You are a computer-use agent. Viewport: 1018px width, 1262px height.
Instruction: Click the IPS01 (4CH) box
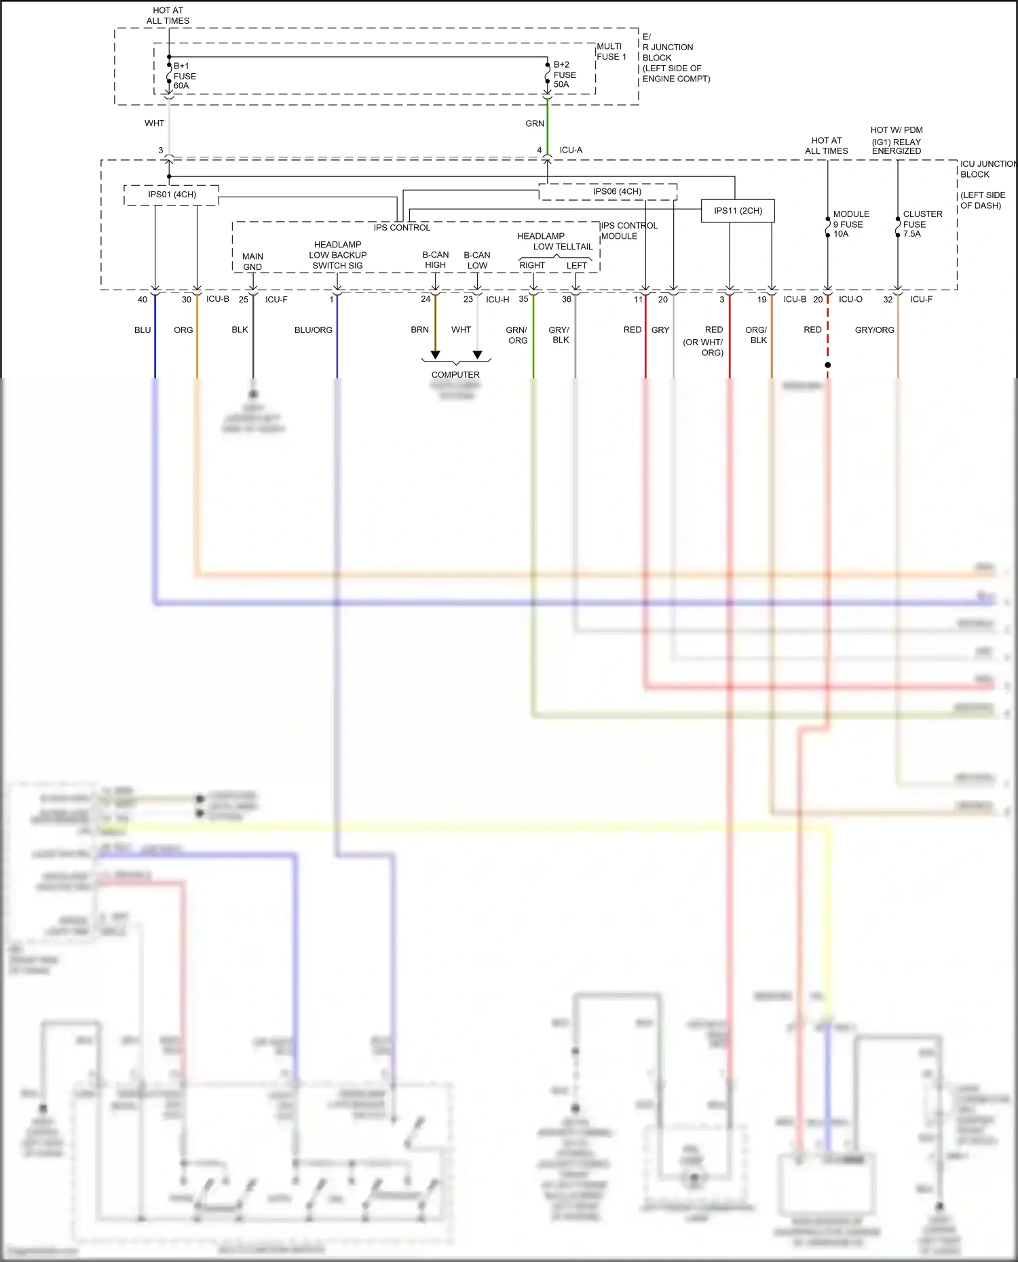point(172,195)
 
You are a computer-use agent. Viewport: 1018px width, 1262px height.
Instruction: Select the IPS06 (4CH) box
point(616,191)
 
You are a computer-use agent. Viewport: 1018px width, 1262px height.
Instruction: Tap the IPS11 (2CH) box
point(738,211)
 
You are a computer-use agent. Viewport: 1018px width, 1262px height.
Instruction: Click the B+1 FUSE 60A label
point(185,76)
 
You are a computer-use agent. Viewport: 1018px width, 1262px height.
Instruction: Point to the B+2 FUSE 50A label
point(565,75)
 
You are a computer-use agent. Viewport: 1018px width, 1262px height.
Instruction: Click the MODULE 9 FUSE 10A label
point(850,224)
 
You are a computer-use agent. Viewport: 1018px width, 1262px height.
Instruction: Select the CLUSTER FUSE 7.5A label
point(922,224)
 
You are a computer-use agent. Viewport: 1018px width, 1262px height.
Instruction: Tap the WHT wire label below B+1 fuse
point(154,123)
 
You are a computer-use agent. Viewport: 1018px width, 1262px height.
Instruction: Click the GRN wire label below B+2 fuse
point(535,123)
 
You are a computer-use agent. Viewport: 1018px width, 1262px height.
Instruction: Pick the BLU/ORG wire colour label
point(314,330)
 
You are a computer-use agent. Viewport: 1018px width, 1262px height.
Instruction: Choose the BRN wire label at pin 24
point(419,330)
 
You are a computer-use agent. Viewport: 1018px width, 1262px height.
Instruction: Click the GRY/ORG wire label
point(874,330)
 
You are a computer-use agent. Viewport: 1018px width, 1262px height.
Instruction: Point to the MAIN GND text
point(252,262)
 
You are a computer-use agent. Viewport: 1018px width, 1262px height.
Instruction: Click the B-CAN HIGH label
point(435,260)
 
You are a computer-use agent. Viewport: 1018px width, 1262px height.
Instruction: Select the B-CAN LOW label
point(477,260)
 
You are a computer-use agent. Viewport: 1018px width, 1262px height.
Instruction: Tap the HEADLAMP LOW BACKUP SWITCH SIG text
point(337,255)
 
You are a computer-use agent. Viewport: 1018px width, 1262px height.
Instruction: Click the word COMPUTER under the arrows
point(455,375)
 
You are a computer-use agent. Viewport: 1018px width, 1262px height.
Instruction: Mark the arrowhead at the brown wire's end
point(436,355)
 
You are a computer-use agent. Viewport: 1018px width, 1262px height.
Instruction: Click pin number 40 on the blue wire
point(143,300)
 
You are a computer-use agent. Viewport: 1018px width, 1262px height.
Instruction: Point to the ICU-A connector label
point(571,150)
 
